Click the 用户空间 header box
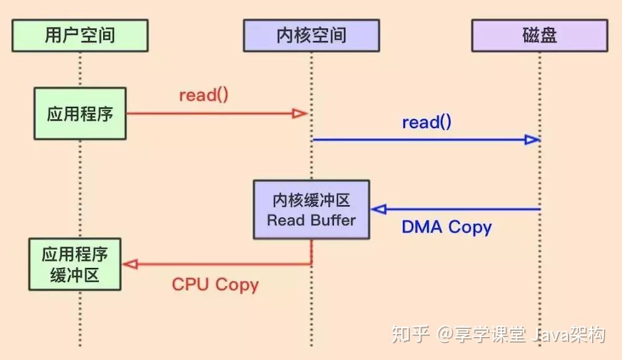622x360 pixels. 80,35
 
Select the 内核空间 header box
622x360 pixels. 311,35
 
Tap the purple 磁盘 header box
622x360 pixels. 539,35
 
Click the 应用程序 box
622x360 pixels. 80,114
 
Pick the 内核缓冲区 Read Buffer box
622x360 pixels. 311,210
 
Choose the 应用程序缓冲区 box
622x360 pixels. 75,265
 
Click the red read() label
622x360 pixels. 203,95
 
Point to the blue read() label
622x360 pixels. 426,122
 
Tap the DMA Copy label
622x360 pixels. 447,227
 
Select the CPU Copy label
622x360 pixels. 215,285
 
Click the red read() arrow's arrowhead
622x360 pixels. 301,113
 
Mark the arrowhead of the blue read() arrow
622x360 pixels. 531,140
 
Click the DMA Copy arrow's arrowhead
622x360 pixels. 379,209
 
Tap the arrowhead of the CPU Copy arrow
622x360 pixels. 129,264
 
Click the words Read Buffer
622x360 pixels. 311,219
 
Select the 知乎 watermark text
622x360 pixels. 410,335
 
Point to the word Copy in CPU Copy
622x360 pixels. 236,285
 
